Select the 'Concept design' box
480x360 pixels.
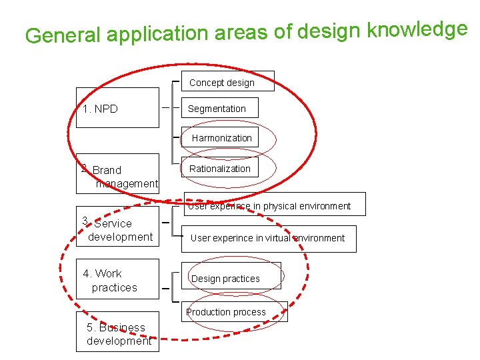(x=222, y=83)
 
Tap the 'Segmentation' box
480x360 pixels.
(x=217, y=109)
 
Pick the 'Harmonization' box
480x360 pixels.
(x=222, y=138)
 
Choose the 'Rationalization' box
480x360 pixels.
(x=220, y=169)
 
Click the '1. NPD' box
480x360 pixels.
(x=117, y=108)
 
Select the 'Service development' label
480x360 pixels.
(x=117, y=230)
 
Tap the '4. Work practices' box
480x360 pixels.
(x=117, y=281)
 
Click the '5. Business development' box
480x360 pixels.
(x=117, y=333)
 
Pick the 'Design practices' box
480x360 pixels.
(x=226, y=279)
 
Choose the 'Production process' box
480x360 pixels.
(x=227, y=312)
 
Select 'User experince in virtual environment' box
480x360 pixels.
(x=268, y=238)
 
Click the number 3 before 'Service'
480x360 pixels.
(x=85, y=221)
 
